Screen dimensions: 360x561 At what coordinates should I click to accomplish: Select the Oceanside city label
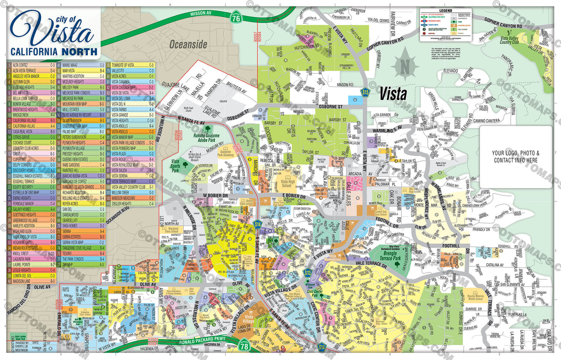pos(188,44)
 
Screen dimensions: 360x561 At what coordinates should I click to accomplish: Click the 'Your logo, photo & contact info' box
pos(515,157)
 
